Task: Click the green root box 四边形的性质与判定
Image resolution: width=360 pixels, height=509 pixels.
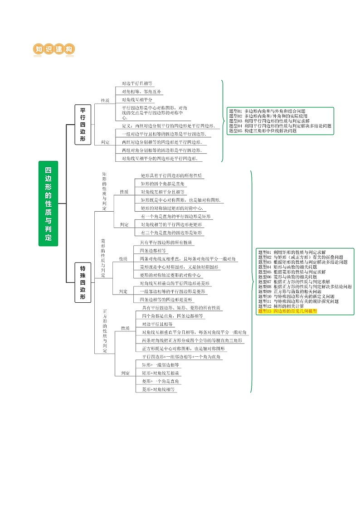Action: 48,204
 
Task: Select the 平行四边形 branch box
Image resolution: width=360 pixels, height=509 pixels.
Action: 83,125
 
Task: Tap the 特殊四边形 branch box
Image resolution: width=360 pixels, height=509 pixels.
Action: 83,282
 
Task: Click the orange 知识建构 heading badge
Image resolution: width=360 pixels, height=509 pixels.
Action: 54,49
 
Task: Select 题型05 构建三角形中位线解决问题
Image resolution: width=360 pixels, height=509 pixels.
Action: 263,131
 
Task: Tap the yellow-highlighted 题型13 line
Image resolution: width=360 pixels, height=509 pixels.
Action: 287,311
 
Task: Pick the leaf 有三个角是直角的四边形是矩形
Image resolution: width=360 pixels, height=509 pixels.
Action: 172,233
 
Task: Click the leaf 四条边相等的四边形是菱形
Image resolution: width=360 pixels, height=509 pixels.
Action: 166,300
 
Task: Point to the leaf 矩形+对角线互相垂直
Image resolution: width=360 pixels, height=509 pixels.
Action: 161,373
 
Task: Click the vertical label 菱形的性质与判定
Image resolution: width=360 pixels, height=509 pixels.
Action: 103,257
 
